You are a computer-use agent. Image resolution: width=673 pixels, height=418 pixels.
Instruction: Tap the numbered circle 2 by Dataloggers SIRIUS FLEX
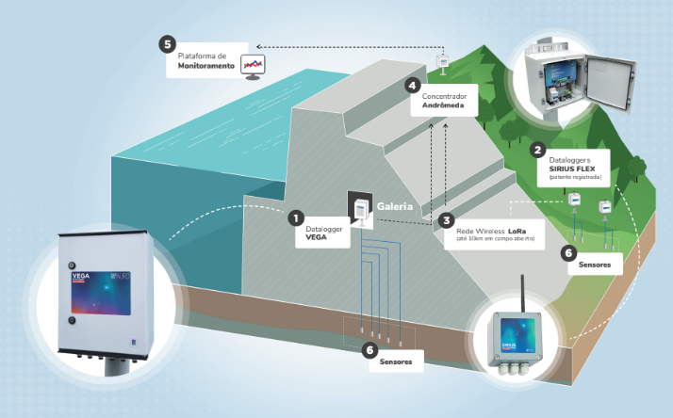[x=537, y=149]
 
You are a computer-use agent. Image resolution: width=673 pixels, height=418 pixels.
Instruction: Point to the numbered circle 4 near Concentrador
[x=412, y=85]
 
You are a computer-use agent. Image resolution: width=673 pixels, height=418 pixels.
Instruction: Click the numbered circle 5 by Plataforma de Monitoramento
[x=168, y=44]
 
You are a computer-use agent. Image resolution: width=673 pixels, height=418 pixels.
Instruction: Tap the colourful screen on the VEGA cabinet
[x=97, y=287]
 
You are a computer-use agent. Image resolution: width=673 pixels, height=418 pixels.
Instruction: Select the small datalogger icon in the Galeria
[x=359, y=210]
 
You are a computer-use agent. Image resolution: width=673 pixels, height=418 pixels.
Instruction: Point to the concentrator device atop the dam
[x=441, y=62]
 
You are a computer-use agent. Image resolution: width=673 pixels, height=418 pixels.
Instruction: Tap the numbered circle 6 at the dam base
[x=369, y=349]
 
